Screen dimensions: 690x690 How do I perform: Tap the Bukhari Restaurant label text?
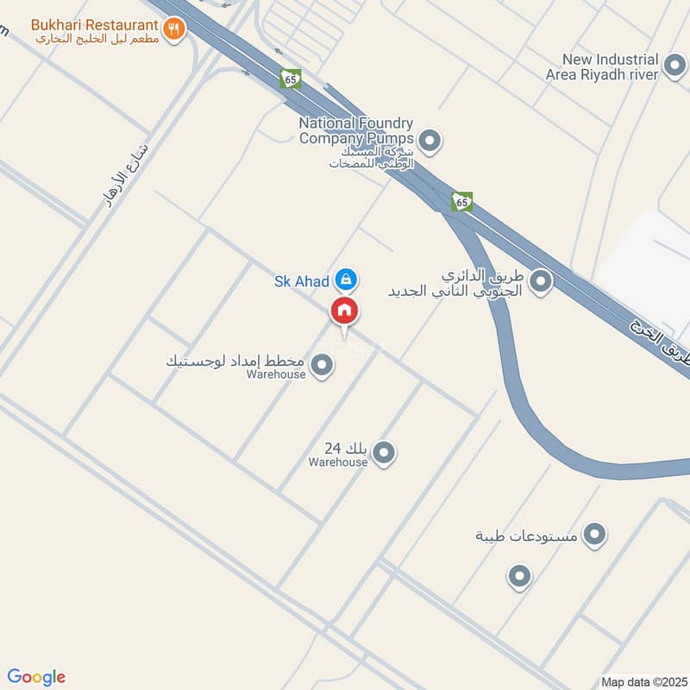coord(95,23)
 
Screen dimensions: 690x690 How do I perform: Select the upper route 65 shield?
coord(291,78)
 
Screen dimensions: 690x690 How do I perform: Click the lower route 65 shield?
coord(462,202)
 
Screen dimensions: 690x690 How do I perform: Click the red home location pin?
coord(344,310)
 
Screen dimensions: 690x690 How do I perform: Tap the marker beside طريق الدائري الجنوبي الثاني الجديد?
coord(541,280)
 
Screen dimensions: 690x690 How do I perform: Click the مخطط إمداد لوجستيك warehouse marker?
coord(322,367)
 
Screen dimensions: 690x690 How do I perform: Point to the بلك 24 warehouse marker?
coord(384,452)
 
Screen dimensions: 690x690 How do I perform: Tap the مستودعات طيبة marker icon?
coord(593,536)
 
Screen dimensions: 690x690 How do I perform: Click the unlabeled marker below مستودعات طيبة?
coord(518,576)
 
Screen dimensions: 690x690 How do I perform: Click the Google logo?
coord(36,677)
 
